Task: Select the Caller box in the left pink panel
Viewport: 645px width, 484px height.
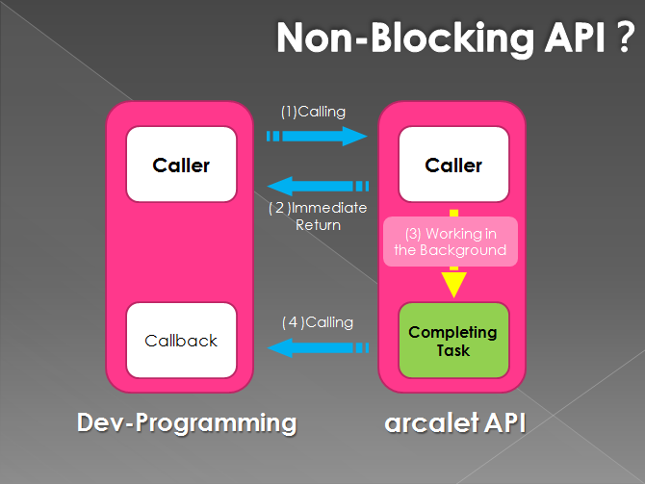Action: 181,165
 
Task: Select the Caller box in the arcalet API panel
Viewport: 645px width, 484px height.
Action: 453,165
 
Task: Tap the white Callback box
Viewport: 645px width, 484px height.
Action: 181,340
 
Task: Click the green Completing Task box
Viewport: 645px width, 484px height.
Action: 453,340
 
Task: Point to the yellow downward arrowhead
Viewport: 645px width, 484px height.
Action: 453,284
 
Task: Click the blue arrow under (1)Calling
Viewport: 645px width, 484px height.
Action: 317,136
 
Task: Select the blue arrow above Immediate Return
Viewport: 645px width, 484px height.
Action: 318,186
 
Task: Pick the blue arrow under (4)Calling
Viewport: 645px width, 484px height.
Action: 318,348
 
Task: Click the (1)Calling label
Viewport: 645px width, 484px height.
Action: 313,112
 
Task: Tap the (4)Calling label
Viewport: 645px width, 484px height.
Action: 318,322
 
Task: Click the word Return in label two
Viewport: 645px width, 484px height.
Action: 318,225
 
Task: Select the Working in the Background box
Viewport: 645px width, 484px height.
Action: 451,242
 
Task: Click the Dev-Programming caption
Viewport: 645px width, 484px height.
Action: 187,422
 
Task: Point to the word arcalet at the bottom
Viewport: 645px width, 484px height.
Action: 431,422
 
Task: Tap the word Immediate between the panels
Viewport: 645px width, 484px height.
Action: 328,208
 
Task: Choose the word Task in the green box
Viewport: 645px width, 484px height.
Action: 453,351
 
